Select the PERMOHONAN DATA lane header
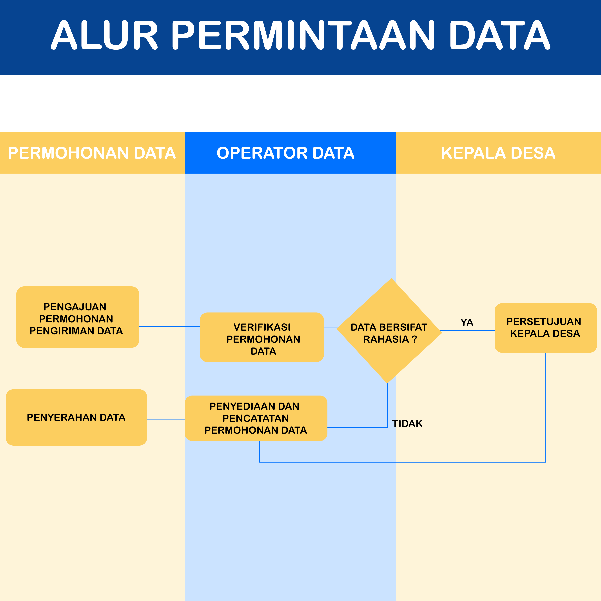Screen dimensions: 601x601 point(92,153)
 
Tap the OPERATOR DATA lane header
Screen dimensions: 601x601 point(285,153)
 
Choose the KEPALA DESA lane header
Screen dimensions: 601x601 point(498,153)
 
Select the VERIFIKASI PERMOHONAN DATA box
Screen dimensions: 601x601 point(262,337)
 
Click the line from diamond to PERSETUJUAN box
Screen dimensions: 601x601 point(467,330)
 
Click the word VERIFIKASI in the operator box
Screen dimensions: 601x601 point(262,327)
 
